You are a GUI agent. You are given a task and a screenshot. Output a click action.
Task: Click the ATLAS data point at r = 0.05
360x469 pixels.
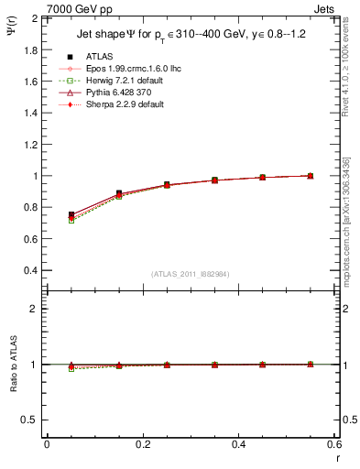(71, 214)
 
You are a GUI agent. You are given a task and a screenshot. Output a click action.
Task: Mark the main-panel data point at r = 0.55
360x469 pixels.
(311, 176)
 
